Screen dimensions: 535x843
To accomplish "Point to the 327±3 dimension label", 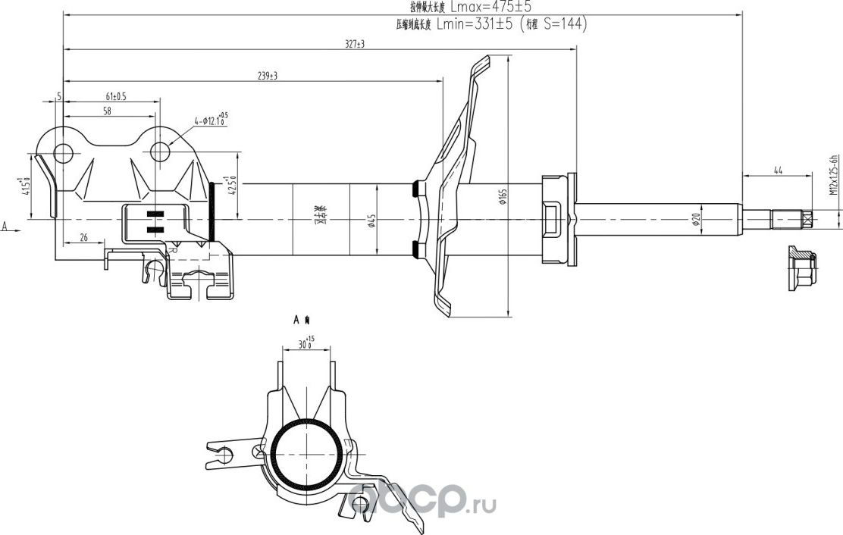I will pyautogui.click(x=354, y=45).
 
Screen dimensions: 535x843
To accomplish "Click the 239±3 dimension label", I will pyautogui.click(x=266, y=75).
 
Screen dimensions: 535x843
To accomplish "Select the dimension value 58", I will pyautogui.click(x=107, y=111).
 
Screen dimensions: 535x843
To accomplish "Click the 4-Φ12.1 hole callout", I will pyautogui.click(x=210, y=119).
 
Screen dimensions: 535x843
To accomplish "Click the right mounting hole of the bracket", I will pyautogui.click(x=161, y=152).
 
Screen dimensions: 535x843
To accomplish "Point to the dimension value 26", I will pyautogui.click(x=83, y=238).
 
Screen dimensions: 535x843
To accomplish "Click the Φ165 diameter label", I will pyautogui.click(x=502, y=198).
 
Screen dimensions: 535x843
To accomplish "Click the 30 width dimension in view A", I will pyautogui.click(x=304, y=343).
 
